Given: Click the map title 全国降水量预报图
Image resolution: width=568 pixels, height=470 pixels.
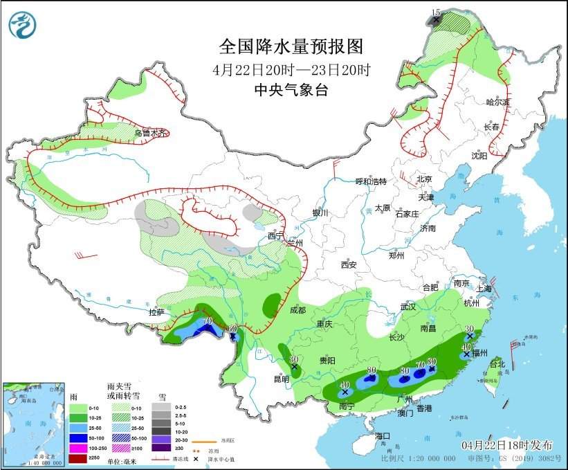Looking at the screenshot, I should pyautogui.click(x=291, y=46).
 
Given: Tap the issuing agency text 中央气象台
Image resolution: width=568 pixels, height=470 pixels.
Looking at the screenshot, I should pyautogui.click(x=291, y=90).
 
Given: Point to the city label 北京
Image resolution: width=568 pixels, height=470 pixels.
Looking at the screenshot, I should pyautogui.click(x=424, y=179).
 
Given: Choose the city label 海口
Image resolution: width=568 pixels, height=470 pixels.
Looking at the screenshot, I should pyautogui.click(x=383, y=436).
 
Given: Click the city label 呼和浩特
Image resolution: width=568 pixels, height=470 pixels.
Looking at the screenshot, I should pyautogui.click(x=371, y=181).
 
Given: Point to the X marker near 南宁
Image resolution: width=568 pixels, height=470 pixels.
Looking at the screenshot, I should pyautogui.click(x=345, y=392).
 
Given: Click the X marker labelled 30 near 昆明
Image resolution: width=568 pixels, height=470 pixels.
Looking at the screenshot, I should pyautogui.click(x=295, y=367).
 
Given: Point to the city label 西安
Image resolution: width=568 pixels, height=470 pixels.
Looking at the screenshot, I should pyautogui.click(x=348, y=264).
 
